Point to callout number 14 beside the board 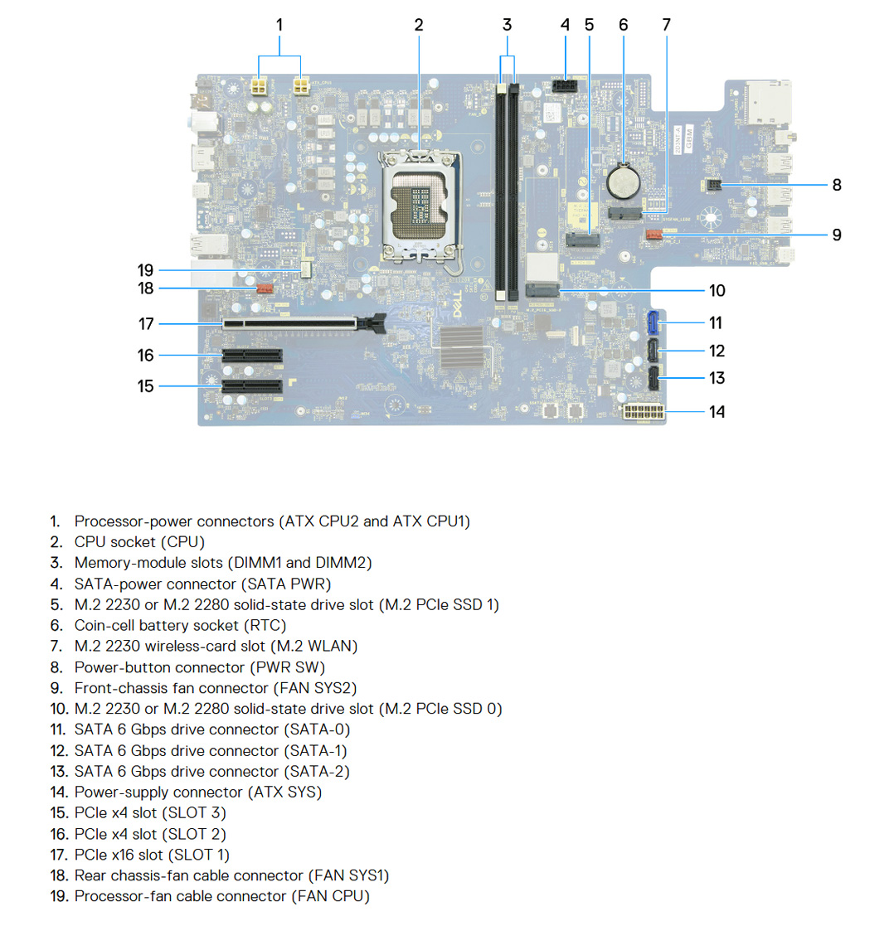point(717,412)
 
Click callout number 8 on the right point(836,185)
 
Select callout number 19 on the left point(145,270)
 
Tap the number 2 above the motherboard point(419,25)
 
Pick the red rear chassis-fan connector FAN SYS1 point(265,289)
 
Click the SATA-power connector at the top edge point(565,85)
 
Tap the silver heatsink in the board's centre point(462,347)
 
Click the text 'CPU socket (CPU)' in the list point(139,542)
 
